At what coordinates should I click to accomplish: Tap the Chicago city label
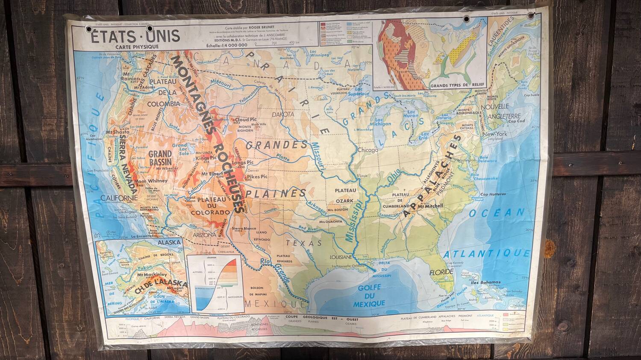coord(368,150)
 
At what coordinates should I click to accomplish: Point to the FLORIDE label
coord(441,272)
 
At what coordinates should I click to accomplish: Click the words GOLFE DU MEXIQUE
coord(369,295)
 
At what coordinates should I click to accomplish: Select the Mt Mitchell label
coord(430,206)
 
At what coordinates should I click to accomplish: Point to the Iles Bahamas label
coord(485,282)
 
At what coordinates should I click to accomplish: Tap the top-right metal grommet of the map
coord(531,15)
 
